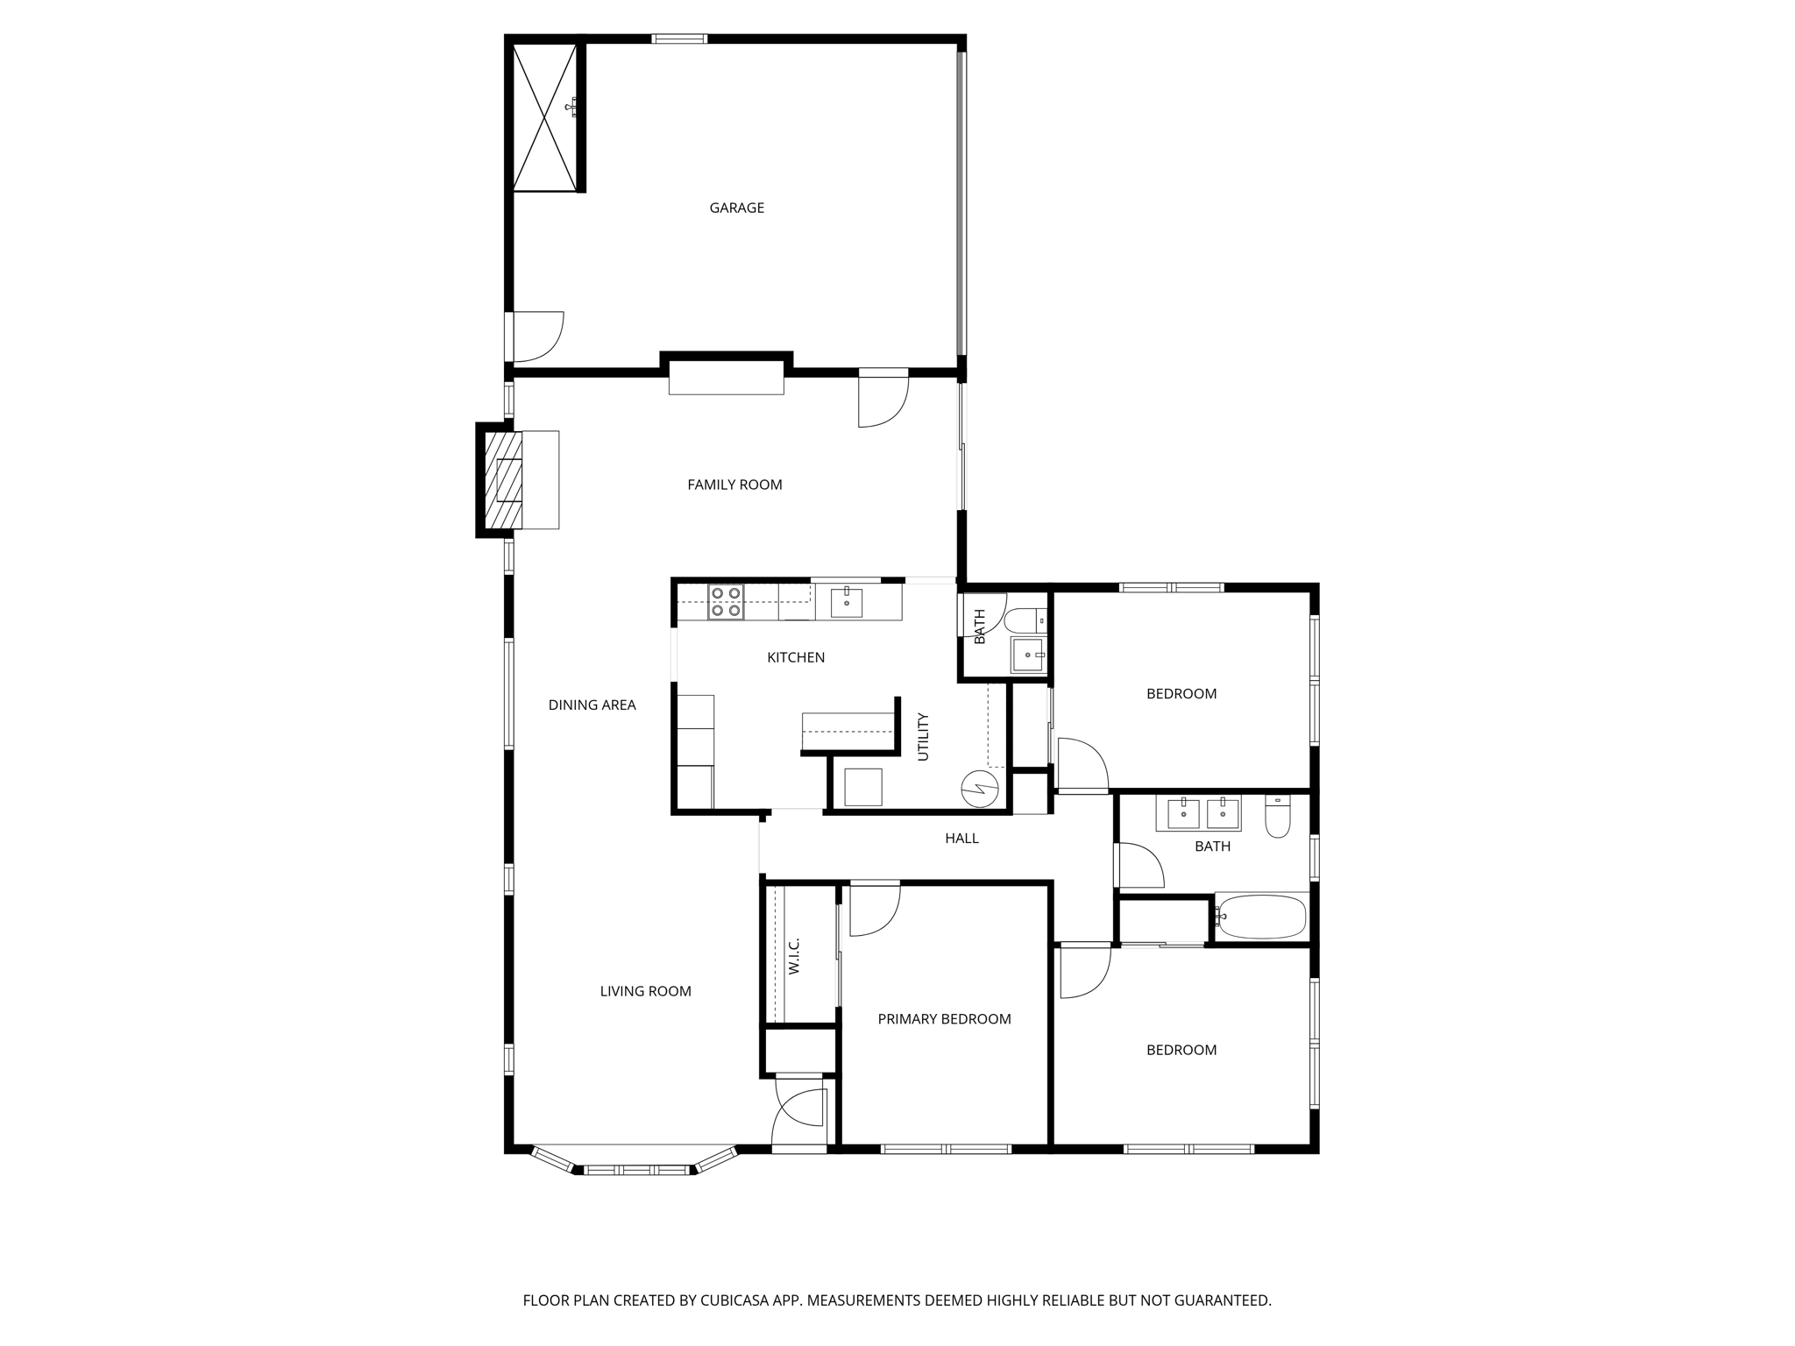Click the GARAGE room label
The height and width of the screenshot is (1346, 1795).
[x=736, y=208]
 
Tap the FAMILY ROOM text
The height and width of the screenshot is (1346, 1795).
[x=734, y=485]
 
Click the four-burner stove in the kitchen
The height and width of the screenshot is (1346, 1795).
[x=726, y=602]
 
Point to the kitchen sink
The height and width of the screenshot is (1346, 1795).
[x=846, y=603]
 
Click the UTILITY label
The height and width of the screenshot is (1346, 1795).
[x=922, y=736]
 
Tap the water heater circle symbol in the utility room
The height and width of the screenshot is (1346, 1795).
[x=980, y=788]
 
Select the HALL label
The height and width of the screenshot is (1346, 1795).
[x=961, y=839]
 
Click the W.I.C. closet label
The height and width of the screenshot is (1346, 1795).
[x=794, y=955]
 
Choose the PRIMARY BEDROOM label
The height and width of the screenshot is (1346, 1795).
[x=944, y=1019]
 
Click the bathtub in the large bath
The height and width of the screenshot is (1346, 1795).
[x=1261, y=917]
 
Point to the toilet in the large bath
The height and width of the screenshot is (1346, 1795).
[x=1278, y=818]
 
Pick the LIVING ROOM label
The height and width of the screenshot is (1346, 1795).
[x=645, y=991]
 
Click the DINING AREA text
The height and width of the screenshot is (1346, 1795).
[x=592, y=705]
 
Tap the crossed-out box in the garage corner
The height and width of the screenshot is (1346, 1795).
[x=544, y=117]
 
